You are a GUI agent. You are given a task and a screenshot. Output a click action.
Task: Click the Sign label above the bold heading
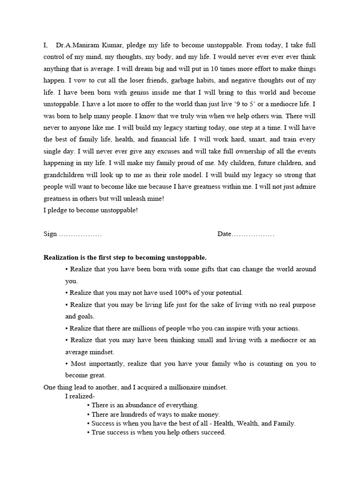50,234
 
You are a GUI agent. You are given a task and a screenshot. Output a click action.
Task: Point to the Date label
224,234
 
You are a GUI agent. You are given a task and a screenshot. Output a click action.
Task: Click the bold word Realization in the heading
61,257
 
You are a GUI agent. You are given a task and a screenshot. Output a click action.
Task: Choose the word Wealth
252,423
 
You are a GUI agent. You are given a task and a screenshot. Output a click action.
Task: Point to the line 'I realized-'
80,396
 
